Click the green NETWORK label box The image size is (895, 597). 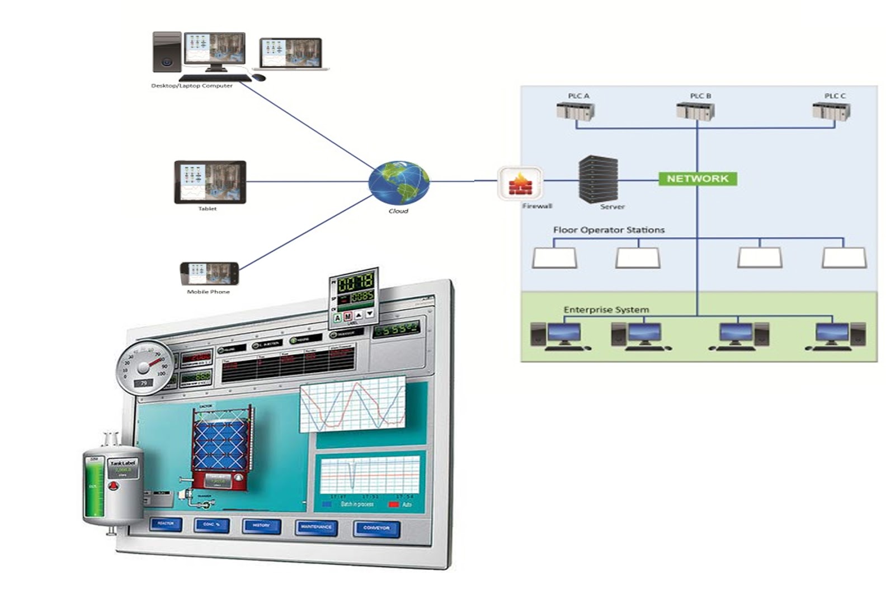(x=698, y=178)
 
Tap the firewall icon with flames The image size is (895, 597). (x=520, y=183)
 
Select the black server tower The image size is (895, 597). (x=599, y=179)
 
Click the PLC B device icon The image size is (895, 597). (x=695, y=111)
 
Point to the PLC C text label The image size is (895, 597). (x=835, y=96)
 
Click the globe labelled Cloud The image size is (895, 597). (x=399, y=182)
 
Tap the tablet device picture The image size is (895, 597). (x=210, y=182)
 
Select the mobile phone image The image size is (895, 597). (x=209, y=274)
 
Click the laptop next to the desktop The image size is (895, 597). (x=291, y=54)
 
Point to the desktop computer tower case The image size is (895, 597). (x=167, y=52)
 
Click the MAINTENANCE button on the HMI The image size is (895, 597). (x=316, y=527)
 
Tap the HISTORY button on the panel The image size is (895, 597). (x=261, y=525)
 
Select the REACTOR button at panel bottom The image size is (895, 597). (x=166, y=524)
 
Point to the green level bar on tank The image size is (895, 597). (x=93, y=487)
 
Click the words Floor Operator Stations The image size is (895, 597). (x=609, y=230)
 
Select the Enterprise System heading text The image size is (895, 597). (x=606, y=309)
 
